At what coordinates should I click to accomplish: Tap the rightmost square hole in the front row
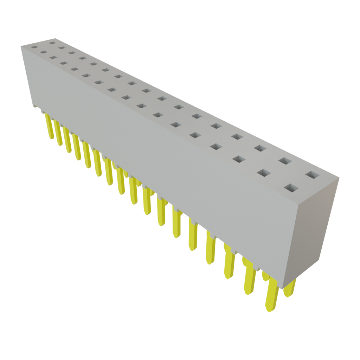[291, 188]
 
